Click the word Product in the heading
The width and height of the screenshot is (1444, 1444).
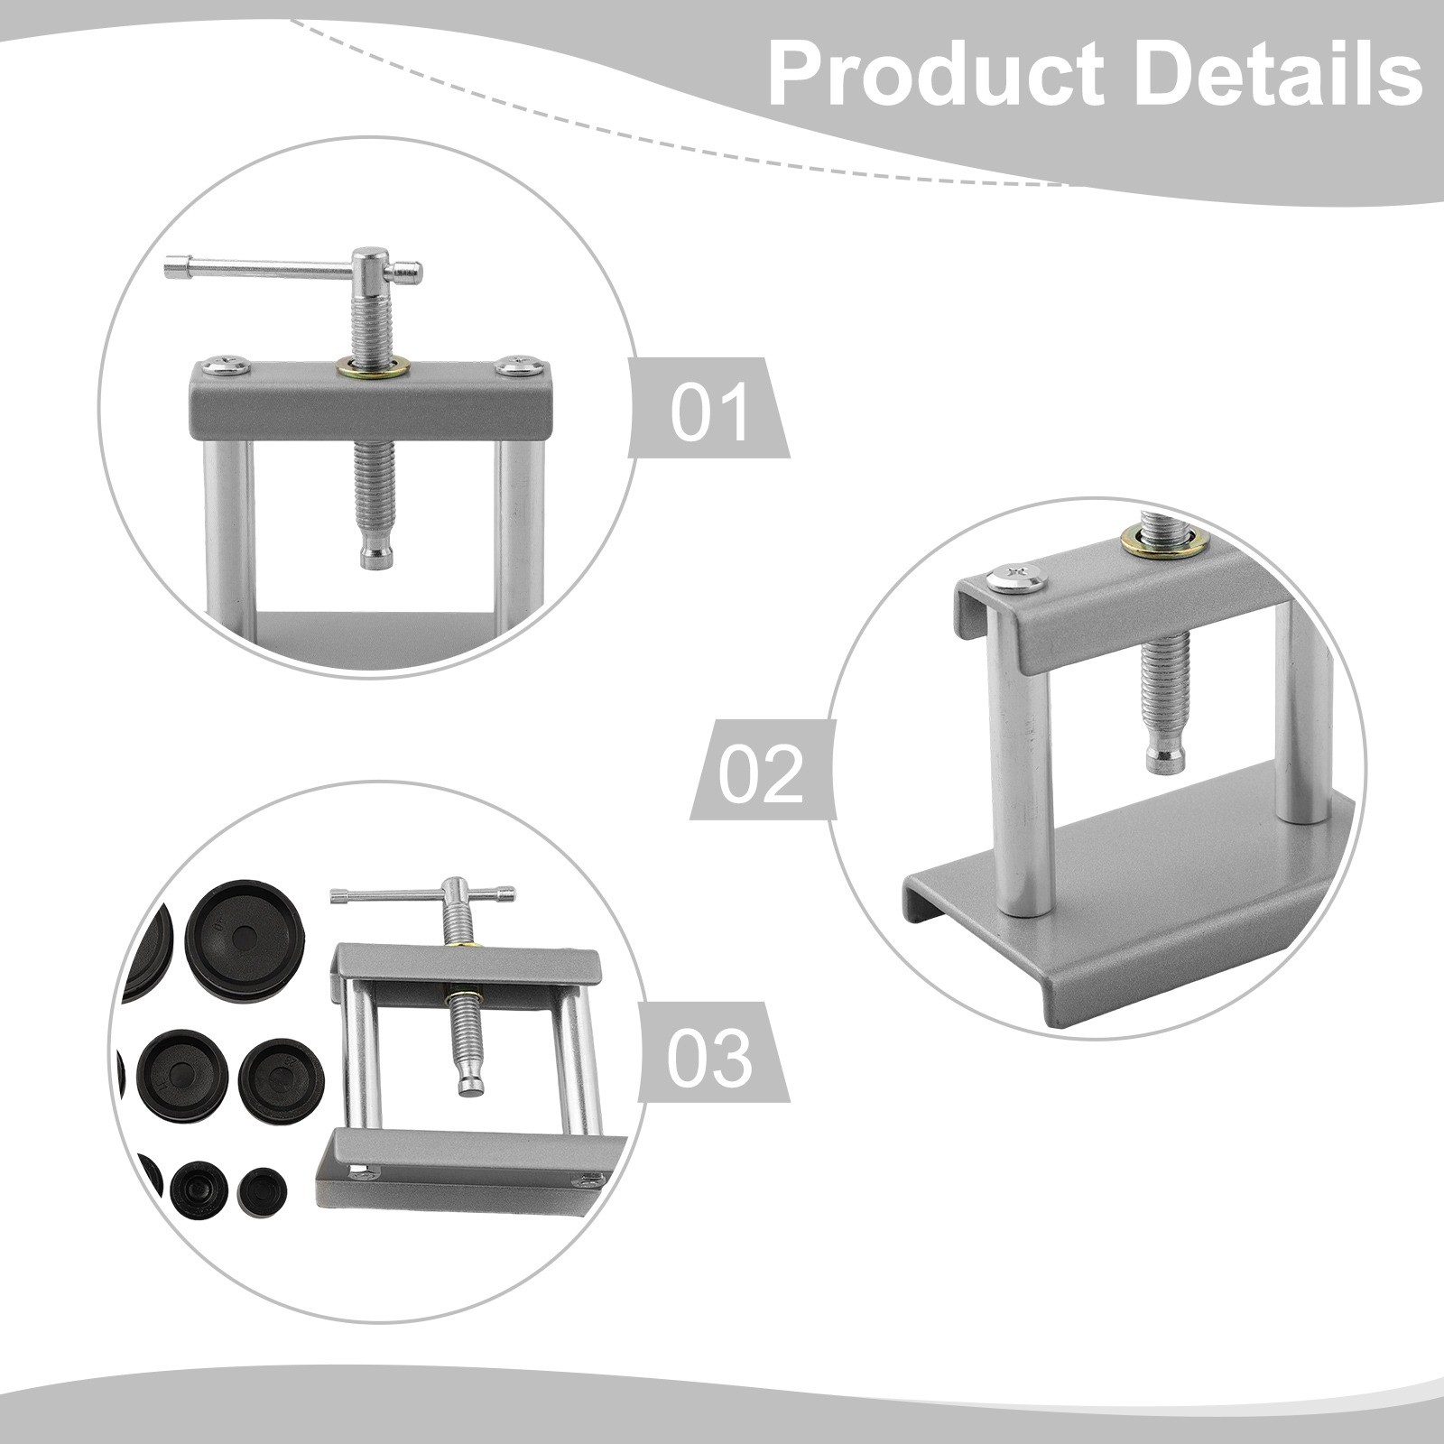click(935, 76)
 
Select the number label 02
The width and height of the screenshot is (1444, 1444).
click(760, 773)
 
